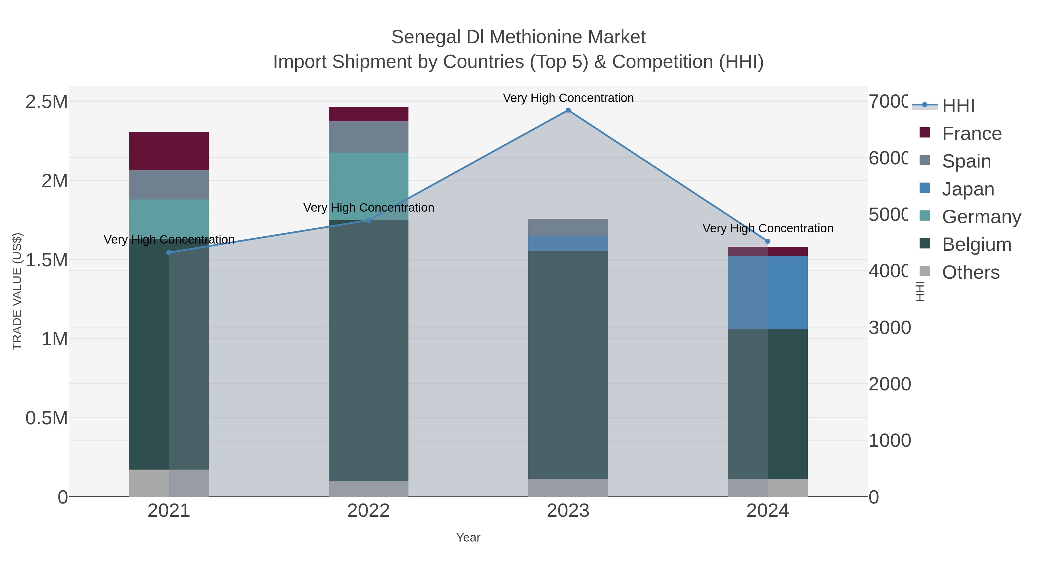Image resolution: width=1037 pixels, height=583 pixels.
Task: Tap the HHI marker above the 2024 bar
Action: click(767, 242)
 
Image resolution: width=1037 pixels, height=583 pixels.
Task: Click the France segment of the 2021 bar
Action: click(169, 151)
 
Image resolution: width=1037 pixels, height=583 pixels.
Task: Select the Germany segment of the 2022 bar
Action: click(368, 186)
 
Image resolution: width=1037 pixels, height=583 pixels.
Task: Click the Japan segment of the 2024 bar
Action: click(767, 293)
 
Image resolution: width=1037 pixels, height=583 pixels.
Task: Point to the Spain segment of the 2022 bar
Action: click(368, 137)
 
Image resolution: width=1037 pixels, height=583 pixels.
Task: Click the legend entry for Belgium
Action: click(976, 245)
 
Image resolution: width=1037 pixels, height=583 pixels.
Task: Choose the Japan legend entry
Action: click(968, 189)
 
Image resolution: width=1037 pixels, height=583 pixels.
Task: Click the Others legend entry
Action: click(970, 272)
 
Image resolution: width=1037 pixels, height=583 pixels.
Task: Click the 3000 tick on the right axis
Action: click(889, 328)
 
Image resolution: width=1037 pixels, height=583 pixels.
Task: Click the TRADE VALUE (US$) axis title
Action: click(17, 291)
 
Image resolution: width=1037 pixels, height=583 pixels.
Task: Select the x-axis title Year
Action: click(468, 538)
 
